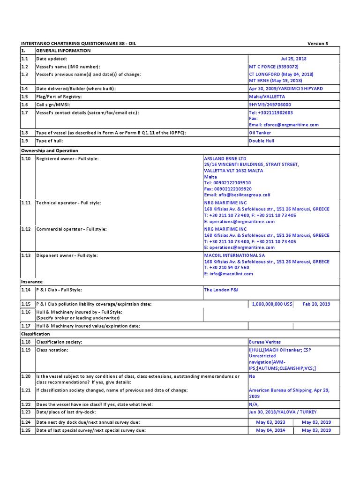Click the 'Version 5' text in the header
coord(317,43)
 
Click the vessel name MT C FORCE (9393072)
coord(273,67)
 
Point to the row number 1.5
coord(24,97)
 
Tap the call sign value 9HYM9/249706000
coord(270,105)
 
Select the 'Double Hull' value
coord(262,141)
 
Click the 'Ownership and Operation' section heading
coord(49,150)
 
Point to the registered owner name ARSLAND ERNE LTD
coord(225,158)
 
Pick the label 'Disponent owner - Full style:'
coord(67,255)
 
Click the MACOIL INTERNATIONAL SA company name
coord(234,255)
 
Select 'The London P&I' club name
coord(221,290)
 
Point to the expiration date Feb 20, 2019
coord(316,304)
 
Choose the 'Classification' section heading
coord(35,334)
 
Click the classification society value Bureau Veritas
coord(265,342)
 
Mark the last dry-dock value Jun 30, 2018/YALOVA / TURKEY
coord(283,412)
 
